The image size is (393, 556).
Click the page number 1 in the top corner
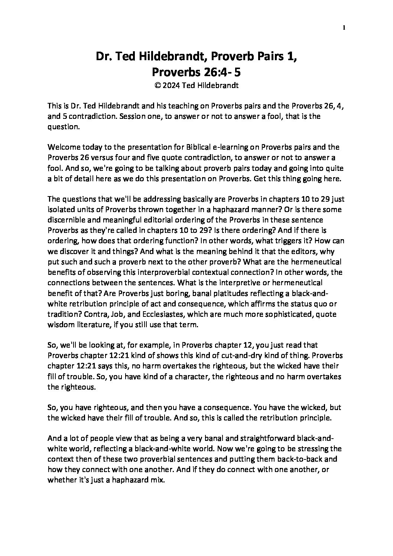click(345, 27)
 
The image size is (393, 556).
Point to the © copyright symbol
click(157, 85)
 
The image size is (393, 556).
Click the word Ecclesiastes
click(156, 313)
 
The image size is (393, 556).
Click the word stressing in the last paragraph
click(307, 448)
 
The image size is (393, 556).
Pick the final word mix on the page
click(158, 479)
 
